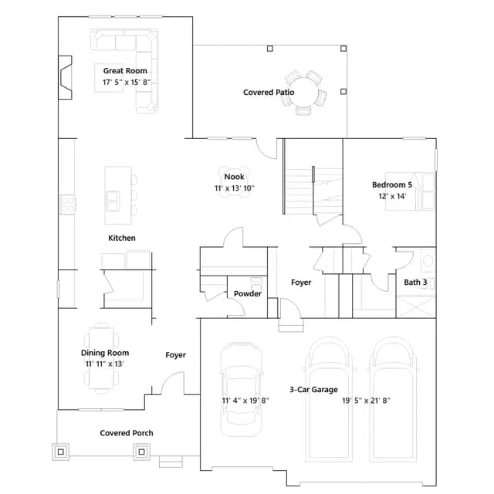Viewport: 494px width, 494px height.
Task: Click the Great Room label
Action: (x=125, y=71)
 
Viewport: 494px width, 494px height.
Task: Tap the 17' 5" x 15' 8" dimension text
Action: (x=127, y=83)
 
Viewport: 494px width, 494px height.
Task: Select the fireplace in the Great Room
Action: (x=65, y=77)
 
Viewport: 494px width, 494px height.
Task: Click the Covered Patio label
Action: (x=269, y=93)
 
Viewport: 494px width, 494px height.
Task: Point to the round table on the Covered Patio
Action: (x=305, y=93)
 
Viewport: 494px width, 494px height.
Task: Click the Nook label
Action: (x=234, y=177)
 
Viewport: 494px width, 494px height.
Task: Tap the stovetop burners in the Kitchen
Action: (x=68, y=205)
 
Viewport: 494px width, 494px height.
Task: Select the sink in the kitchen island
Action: (x=113, y=201)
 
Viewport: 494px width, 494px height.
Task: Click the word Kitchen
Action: (x=122, y=238)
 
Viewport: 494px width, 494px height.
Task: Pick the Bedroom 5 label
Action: (x=392, y=184)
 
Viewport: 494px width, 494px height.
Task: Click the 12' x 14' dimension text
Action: (x=392, y=196)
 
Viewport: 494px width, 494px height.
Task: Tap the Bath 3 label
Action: (x=415, y=283)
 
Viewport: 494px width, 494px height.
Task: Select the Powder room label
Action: (x=248, y=293)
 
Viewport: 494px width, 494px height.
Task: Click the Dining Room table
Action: (x=101, y=358)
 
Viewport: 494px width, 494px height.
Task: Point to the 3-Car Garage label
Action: (x=313, y=390)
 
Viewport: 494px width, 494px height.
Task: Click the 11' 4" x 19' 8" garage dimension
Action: (x=245, y=401)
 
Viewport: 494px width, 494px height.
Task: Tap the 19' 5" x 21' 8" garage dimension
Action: (x=366, y=401)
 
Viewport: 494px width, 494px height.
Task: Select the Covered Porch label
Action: (x=127, y=433)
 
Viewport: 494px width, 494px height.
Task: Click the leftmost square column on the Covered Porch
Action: (x=61, y=452)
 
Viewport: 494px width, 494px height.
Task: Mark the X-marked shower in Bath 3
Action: (x=416, y=306)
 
